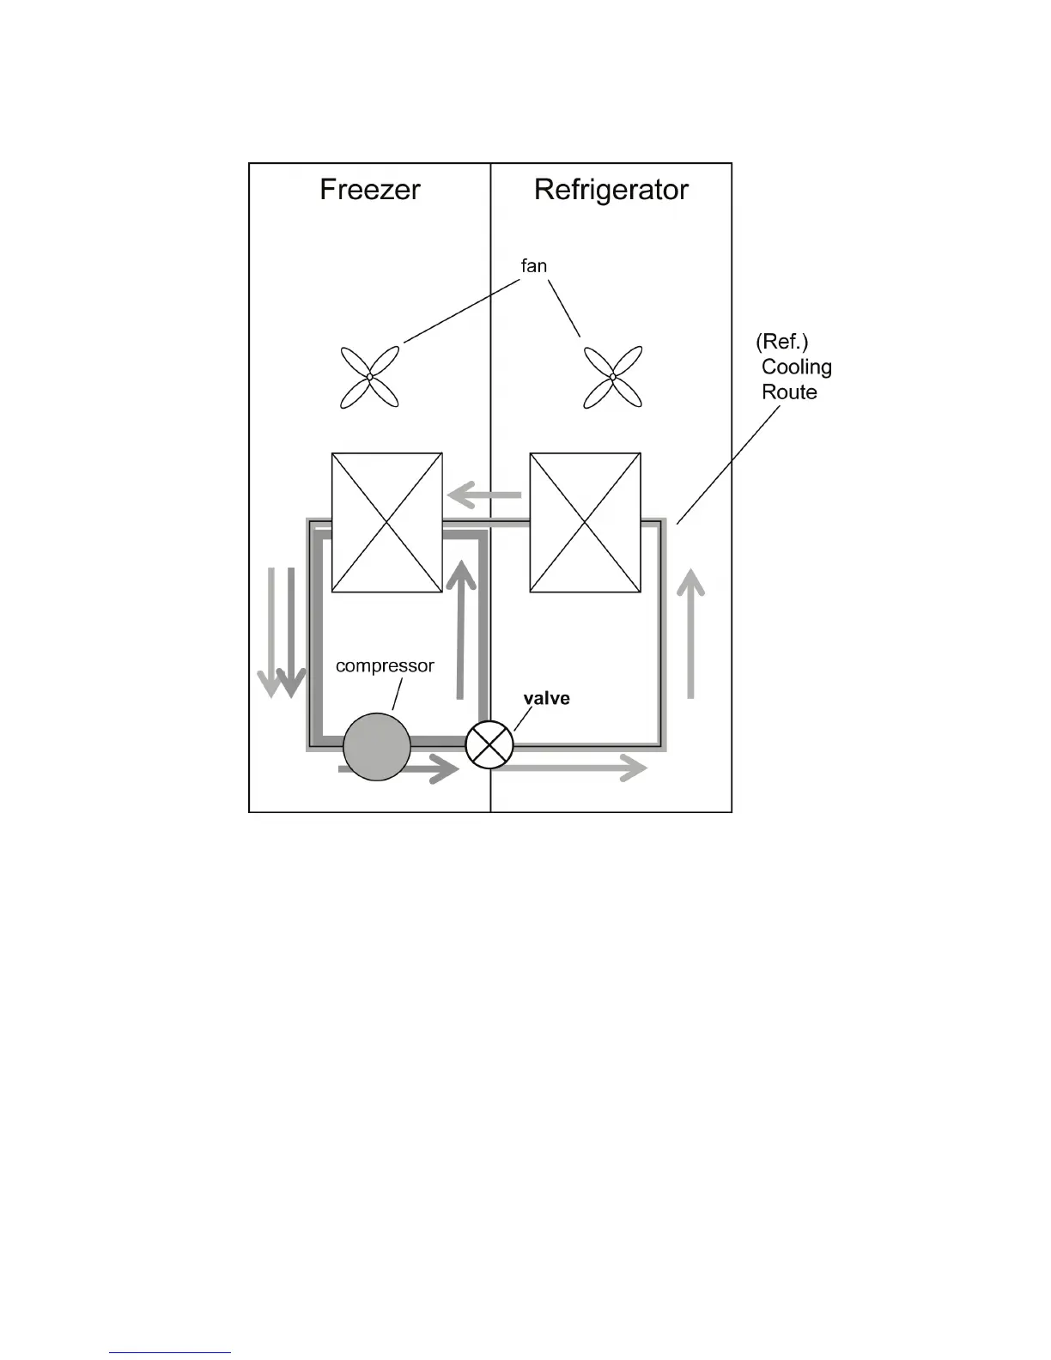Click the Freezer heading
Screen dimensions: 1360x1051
pyautogui.click(x=369, y=190)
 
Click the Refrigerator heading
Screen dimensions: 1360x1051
pyautogui.click(x=611, y=190)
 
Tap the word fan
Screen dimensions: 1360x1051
pyautogui.click(x=533, y=266)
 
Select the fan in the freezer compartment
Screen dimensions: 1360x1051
pyautogui.click(x=369, y=377)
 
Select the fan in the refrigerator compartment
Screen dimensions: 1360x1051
pyautogui.click(x=612, y=377)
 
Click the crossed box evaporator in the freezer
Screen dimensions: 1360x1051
pyautogui.click(x=386, y=522)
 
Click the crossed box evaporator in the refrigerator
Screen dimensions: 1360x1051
pyautogui.click(x=585, y=522)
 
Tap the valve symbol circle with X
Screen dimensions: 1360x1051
pyautogui.click(x=489, y=744)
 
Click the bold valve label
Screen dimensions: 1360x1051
pyautogui.click(x=547, y=698)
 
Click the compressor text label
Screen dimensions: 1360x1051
pyautogui.click(x=385, y=666)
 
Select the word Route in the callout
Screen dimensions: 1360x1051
pyautogui.click(x=789, y=392)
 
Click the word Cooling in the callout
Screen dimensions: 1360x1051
pyautogui.click(x=797, y=367)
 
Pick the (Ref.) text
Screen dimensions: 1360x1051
pyautogui.click(x=781, y=342)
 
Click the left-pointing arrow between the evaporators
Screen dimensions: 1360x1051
pyautogui.click(x=484, y=495)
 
